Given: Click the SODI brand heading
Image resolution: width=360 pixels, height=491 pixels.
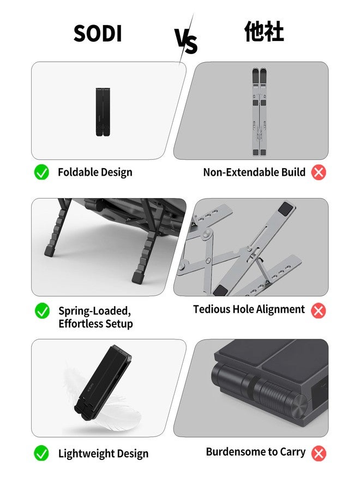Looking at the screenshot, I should point(98,34).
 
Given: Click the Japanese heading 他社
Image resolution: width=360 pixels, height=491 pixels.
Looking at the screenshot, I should point(263,33).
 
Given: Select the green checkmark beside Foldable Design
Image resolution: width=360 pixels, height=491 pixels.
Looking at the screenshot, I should point(42,172).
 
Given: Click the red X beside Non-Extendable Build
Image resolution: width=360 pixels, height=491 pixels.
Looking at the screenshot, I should point(319,172).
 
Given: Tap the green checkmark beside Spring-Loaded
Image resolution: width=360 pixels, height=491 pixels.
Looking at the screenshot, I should point(42,311).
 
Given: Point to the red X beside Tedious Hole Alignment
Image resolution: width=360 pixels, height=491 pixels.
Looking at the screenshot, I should point(319,310).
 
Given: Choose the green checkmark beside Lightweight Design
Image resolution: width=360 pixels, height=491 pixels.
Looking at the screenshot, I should point(42,453).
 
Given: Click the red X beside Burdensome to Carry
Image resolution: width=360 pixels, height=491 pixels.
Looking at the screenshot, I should point(319,453).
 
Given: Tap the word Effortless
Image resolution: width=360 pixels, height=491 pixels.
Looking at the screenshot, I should point(81,324).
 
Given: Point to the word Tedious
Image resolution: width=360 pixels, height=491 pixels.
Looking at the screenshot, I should point(212,309).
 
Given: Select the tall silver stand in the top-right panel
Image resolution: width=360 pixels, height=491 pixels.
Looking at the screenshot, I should point(259,111).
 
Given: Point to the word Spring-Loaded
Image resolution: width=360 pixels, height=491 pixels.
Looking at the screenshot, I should point(94,311).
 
